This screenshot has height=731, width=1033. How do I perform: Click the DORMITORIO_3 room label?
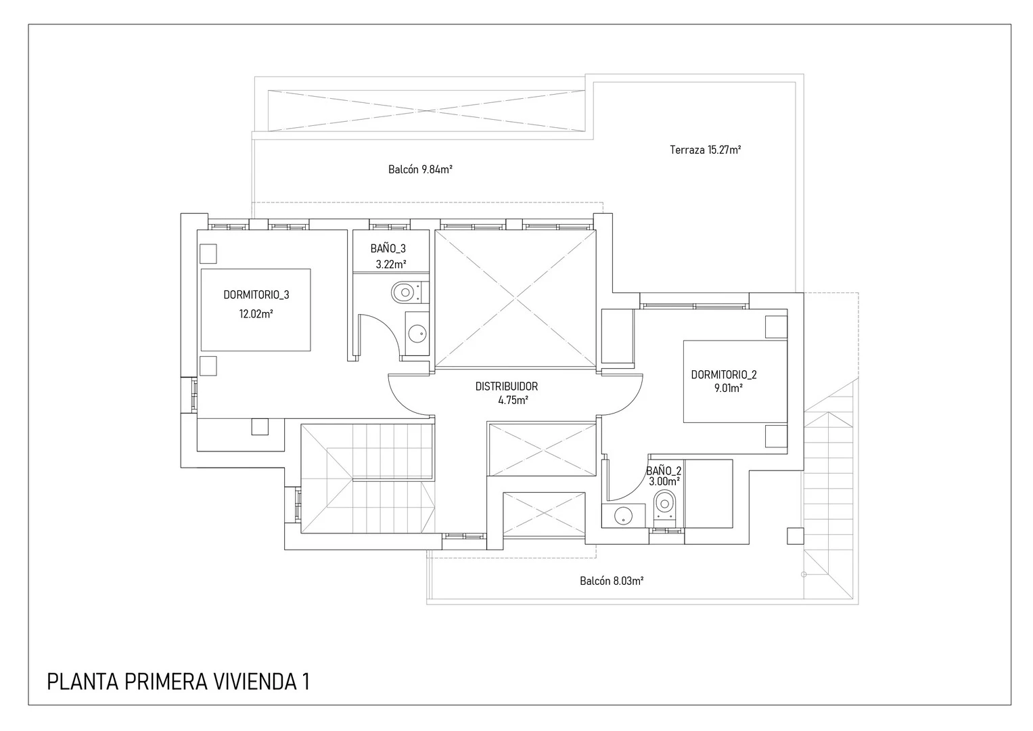pos(256,295)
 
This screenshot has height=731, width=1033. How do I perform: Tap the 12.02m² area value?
pos(256,314)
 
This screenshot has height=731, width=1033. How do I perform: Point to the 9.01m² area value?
pos(728,389)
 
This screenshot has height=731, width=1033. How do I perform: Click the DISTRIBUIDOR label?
pos(506,386)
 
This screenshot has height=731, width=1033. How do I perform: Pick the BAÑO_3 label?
pos(388,249)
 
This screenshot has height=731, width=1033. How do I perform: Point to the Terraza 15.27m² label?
pos(705,150)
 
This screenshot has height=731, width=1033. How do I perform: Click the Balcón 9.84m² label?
pos(420,170)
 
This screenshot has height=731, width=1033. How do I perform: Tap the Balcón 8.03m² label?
pos(612,581)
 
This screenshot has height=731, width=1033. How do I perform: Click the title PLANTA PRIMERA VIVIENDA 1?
pos(178,682)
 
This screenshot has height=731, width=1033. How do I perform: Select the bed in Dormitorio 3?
pos(256,309)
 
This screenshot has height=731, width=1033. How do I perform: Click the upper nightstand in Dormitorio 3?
pos(208,254)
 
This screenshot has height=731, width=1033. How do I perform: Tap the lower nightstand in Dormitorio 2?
pos(776,436)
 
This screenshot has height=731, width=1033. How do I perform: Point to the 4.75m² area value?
pos(513,400)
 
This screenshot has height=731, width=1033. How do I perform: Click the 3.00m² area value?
pos(664,481)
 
